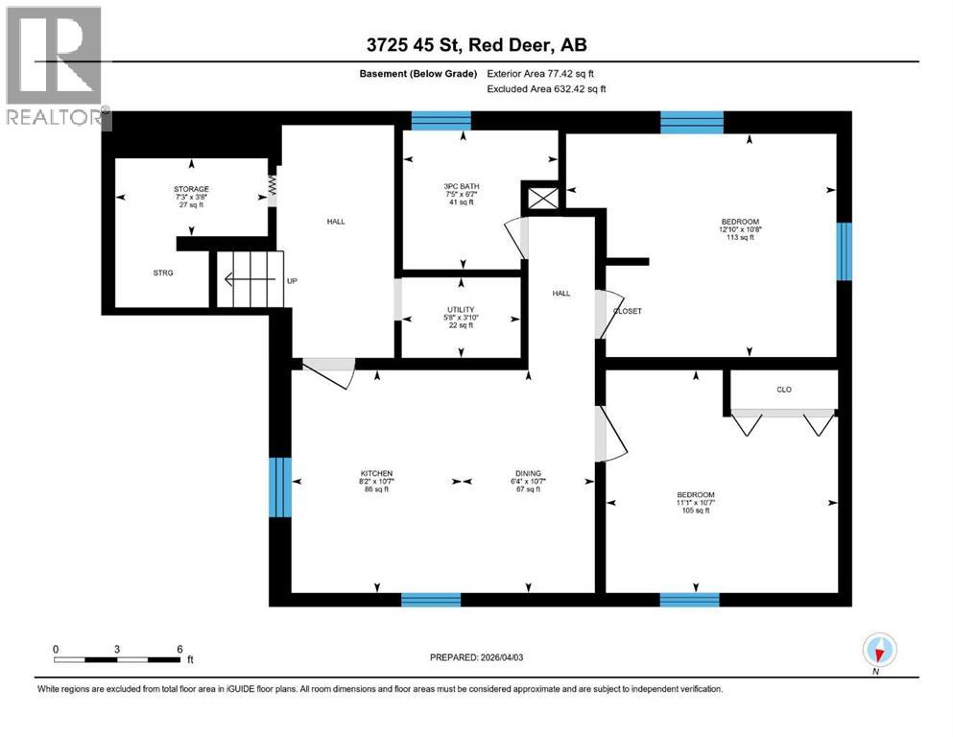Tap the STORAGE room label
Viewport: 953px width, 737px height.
[192, 189]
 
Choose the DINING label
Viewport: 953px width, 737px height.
[528, 473]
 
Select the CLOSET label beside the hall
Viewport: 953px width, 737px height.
[627, 311]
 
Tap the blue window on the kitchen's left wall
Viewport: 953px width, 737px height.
[279, 487]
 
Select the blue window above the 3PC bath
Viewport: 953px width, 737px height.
[441, 121]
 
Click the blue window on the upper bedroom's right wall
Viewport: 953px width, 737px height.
[844, 251]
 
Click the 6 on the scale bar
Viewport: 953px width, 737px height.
[179, 649]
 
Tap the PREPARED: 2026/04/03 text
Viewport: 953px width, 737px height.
[476, 657]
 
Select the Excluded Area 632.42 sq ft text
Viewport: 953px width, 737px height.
[547, 88]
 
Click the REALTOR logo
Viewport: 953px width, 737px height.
[56, 67]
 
